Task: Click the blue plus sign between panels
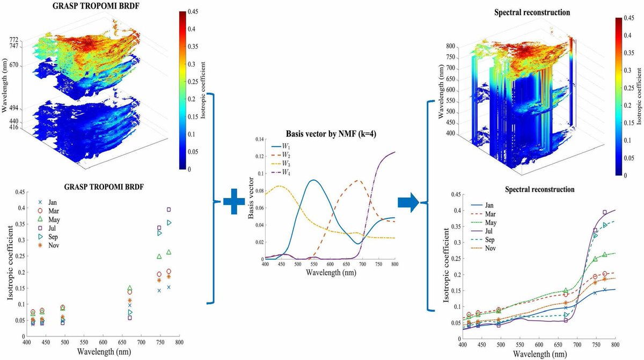(233, 203)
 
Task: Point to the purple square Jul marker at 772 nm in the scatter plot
(169, 209)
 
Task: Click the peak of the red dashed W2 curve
(358, 181)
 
